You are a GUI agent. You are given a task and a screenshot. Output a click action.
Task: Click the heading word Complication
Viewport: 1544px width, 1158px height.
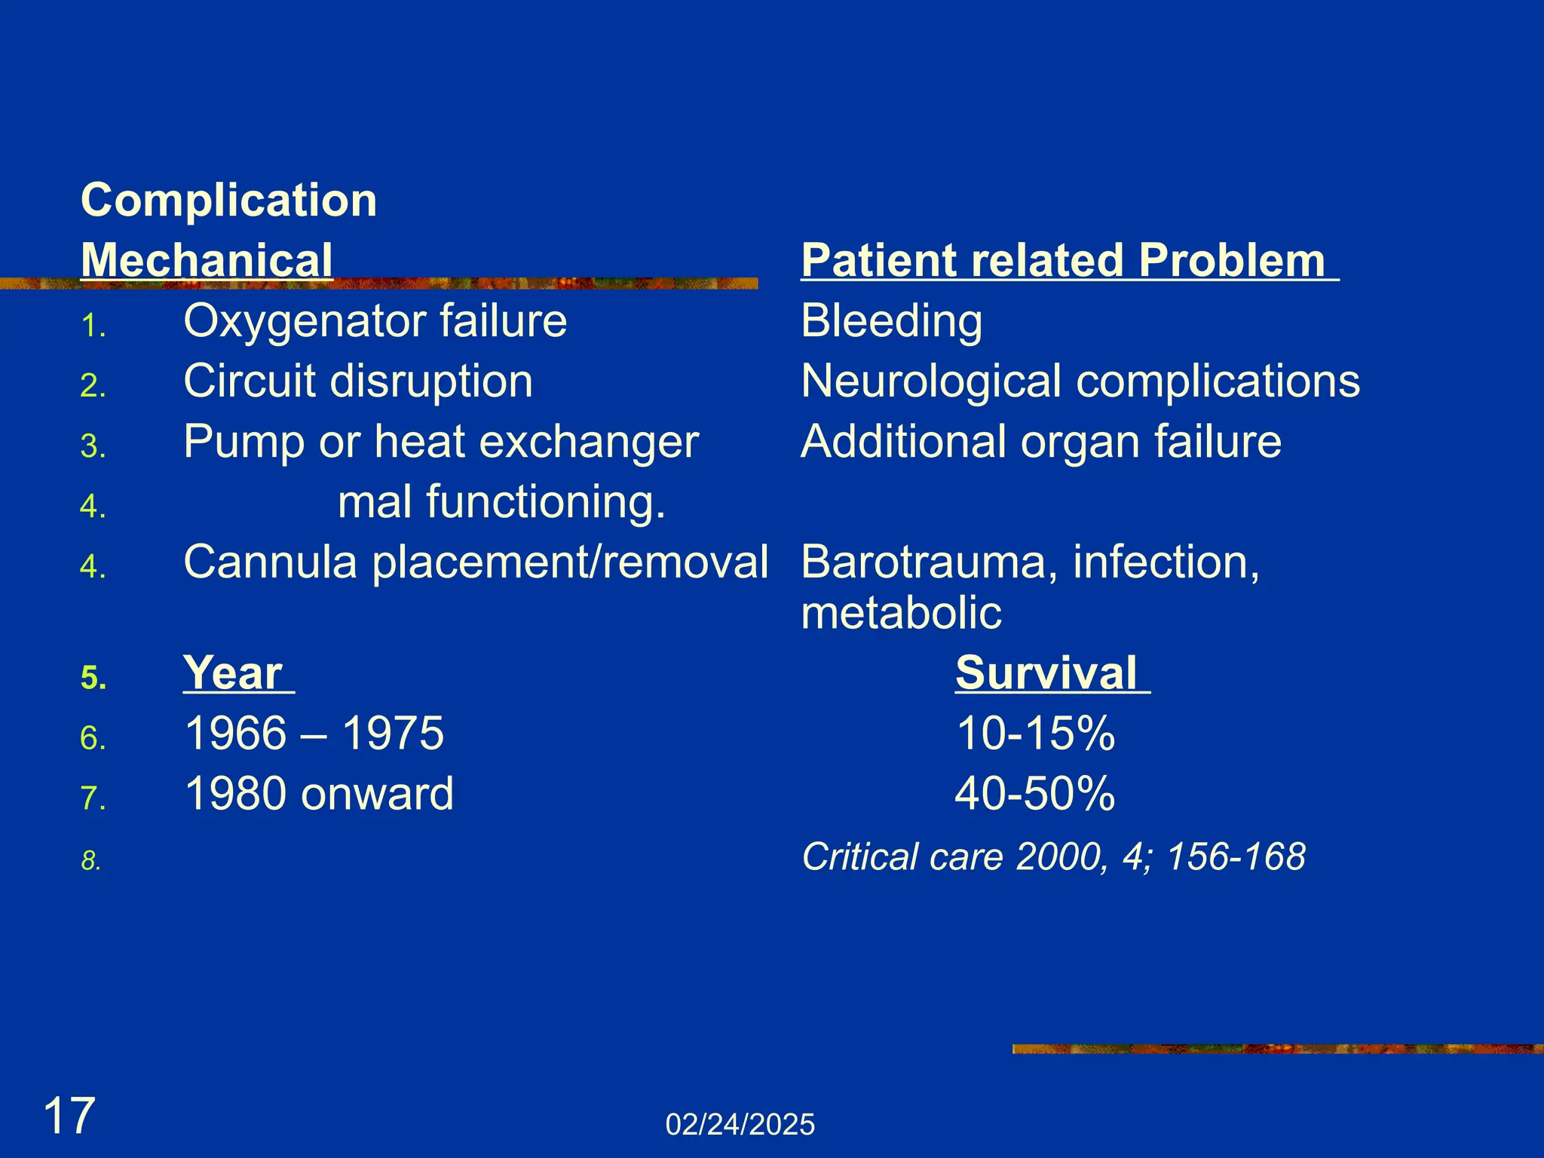[228, 201]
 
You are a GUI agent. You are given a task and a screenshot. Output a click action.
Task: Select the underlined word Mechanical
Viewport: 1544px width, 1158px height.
[207, 260]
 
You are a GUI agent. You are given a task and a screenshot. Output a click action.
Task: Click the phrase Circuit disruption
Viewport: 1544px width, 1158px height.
[358, 381]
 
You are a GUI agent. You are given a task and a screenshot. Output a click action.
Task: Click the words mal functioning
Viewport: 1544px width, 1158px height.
[501, 502]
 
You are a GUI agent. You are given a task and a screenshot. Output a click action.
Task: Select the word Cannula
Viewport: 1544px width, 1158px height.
[270, 562]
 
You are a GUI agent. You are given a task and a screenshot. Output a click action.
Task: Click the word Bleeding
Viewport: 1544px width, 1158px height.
[891, 321]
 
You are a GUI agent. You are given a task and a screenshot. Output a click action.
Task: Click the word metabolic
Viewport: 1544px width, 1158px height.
[901, 612]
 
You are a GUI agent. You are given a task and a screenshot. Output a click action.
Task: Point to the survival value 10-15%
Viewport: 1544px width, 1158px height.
[1035, 733]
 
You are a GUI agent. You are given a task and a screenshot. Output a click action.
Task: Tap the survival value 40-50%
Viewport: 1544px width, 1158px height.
[1035, 793]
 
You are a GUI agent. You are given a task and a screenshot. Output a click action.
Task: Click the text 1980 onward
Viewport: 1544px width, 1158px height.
[319, 793]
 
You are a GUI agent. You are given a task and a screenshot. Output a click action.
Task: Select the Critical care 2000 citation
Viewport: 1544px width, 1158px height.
[1053, 857]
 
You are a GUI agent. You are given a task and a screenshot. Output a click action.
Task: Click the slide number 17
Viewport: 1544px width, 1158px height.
[69, 1117]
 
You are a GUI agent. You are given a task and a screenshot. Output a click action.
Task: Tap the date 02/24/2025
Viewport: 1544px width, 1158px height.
[740, 1125]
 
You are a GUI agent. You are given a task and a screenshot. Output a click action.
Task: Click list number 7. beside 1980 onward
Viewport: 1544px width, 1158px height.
[93, 798]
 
